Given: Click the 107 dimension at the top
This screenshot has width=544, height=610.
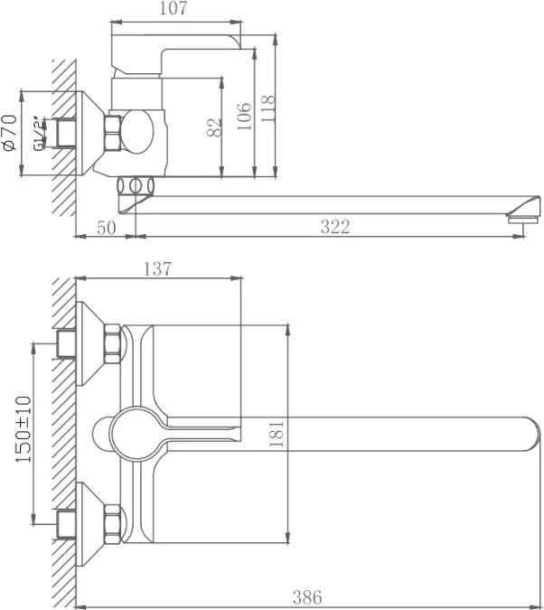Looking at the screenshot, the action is [x=174, y=8].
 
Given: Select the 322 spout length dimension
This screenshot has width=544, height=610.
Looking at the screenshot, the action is [x=335, y=227].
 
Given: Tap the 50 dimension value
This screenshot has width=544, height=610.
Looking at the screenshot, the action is [x=107, y=228].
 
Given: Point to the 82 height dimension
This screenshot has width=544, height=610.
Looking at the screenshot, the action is [x=215, y=127].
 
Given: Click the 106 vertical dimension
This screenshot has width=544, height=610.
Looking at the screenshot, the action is [x=244, y=117].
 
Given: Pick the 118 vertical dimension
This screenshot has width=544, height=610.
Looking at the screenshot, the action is [x=267, y=108].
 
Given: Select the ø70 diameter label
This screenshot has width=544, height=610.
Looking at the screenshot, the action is [x=9, y=133].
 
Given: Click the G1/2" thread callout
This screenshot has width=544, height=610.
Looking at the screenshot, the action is [x=40, y=133].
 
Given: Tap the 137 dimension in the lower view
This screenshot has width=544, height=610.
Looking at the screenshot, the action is [x=157, y=269].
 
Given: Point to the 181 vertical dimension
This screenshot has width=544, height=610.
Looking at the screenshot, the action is [x=277, y=434].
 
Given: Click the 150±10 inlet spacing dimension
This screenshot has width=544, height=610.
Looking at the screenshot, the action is [x=23, y=429].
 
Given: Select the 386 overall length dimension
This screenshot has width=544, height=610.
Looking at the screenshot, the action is [x=307, y=597].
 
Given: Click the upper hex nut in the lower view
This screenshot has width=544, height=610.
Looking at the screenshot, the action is [x=112, y=344].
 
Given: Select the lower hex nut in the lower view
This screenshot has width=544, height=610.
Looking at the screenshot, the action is [x=112, y=524].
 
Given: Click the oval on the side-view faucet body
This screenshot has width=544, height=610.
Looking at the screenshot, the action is [x=137, y=132].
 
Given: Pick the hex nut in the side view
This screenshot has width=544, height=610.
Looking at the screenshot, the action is [x=113, y=133].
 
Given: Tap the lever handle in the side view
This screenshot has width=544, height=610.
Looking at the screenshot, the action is [x=176, y=53].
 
